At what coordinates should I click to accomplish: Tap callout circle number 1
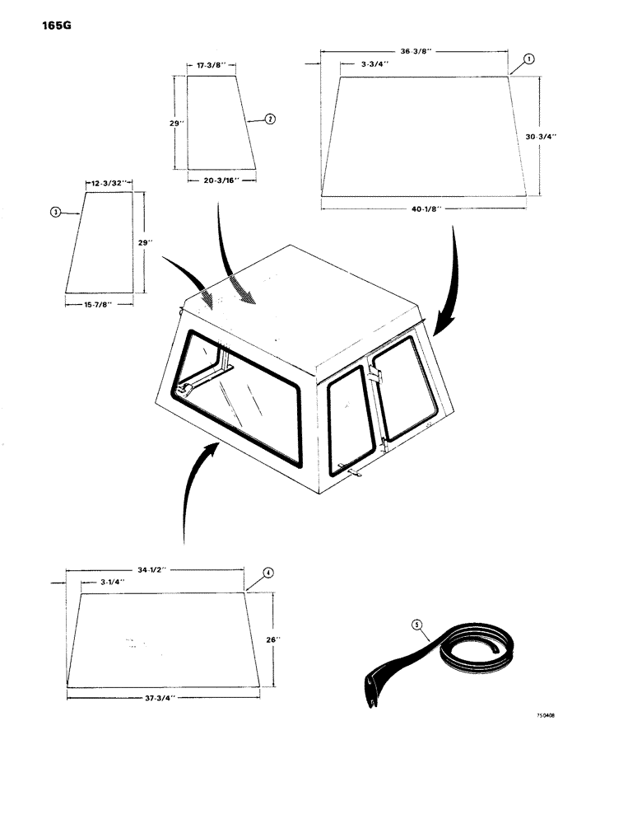528,59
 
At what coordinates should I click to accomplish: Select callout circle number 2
270,119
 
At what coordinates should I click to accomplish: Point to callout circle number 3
55,213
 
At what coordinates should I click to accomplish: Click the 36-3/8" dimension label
413,51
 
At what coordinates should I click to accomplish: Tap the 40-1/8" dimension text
425,210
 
